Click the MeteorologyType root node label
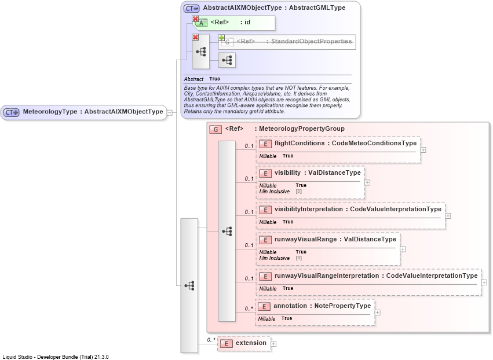(x=93, y=112)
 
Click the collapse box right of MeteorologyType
(x=170, y=112)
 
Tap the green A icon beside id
(x=201, y=23)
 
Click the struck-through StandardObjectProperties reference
(x=294, y=41)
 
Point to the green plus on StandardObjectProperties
(x=221, y=38)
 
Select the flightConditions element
(x=338, y=149)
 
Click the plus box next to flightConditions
(x=423, y=150)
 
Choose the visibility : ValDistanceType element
(x=311, y=182)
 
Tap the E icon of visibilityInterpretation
(x=265, y=210)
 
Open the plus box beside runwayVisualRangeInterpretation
(x=484, y=282)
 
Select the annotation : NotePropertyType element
(x=315, y=313)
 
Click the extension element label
(x=251, y=343)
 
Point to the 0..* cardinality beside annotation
(x=249, y=308)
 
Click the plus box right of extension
(x=273, y=344)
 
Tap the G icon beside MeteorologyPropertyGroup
(x=216, y=129)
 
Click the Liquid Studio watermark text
(x=56, y=357)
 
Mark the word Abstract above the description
(x=193, y=79)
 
